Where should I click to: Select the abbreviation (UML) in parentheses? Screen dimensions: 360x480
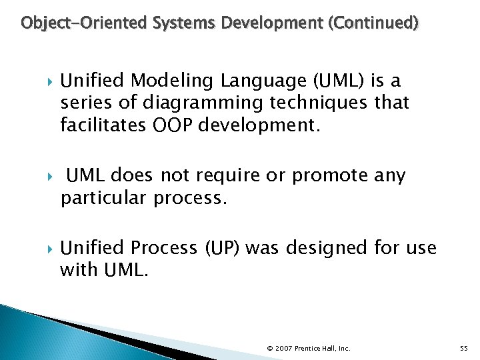pos(339,81)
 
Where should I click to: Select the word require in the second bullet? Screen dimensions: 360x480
pos(220,176)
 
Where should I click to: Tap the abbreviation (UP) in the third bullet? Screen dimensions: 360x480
pos(223,249)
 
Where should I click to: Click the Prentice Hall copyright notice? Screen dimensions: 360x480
pos(308,348)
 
